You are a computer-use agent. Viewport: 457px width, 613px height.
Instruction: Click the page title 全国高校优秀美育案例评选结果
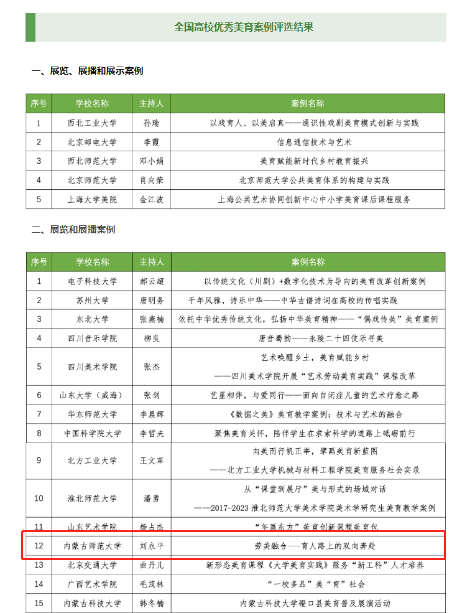coord(244,27)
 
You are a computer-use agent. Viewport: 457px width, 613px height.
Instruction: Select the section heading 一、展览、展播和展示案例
coord(87,71)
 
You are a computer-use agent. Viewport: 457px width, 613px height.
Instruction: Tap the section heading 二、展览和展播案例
coord(73,230)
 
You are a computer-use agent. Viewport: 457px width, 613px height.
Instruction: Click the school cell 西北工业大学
coord(92,123)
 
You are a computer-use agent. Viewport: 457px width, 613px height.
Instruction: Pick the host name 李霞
coord(151,143)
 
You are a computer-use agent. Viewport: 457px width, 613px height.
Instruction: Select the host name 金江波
coord(151,200)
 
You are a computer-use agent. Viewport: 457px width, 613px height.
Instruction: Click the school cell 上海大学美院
coord(92,200)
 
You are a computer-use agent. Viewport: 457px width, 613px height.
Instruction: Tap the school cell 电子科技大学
coord(92,281)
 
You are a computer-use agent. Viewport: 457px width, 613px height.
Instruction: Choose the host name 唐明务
coord(152,301)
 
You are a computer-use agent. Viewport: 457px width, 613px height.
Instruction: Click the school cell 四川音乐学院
coord(92,339)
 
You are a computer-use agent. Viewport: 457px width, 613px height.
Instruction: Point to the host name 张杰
coord(152,367)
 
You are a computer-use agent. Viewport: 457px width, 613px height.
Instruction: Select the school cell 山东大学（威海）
coord(92,395)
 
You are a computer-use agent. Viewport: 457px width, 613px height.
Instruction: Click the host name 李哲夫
coord(152,433)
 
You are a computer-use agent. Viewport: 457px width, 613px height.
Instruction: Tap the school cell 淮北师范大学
coord(92,498)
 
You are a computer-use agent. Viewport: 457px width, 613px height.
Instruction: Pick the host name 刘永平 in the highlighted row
coord(152,546)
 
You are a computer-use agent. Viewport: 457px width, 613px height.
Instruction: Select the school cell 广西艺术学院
coord(92,584)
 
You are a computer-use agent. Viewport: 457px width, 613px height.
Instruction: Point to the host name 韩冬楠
coord(152,604)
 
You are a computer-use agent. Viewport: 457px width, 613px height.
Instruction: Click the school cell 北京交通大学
coord(92,565)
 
